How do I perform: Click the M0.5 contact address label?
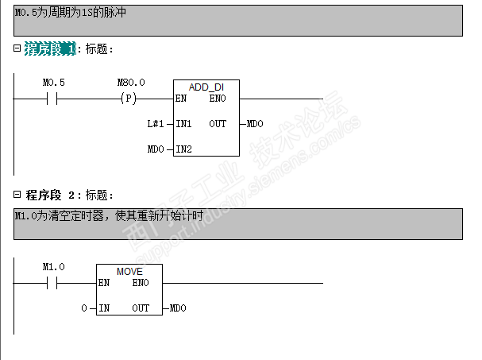coord(54,83)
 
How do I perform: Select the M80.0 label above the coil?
coord(131,83)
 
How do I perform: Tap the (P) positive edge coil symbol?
coord(127,99)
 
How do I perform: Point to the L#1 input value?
coord(156,124)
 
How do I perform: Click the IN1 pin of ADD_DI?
coord(184,124)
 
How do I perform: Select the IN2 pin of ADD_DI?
coord(184,149)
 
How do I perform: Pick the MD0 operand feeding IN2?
coord(156,149)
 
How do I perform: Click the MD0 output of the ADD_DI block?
coord(255,124)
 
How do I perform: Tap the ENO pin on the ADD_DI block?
coord(218,99)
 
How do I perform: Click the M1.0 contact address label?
coord(54,267)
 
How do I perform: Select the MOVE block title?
coord(129,271)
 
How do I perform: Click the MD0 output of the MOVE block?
coord(178,308)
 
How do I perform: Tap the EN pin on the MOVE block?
coord(104,282)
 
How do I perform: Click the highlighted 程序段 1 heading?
coord(51,49)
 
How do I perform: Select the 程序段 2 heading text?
coord(52,195)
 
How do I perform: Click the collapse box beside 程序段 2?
coord(17,194)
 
